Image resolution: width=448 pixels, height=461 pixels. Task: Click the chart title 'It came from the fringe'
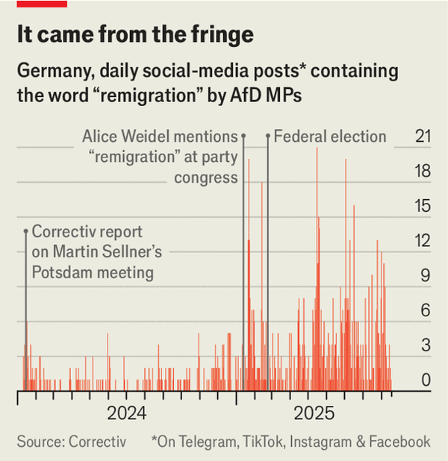point(135,34)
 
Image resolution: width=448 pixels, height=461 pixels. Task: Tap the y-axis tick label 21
point(423,137)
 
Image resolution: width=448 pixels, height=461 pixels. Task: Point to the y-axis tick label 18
point(423,172)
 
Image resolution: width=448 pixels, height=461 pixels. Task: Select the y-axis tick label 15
point(423,206)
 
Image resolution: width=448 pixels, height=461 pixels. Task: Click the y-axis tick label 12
point(423,241)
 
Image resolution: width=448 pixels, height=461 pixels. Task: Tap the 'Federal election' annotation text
point(330,137)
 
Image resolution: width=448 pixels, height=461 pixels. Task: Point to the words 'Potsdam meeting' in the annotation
point(93,272)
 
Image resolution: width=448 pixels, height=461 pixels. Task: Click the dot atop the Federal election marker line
point(268,137)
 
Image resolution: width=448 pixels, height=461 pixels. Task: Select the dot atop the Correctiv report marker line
point(25,232)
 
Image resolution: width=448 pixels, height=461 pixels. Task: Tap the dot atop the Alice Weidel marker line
point(243,137)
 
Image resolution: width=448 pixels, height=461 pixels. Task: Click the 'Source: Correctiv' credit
point(72,442)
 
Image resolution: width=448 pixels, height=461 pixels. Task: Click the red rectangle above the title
point(42,4)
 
